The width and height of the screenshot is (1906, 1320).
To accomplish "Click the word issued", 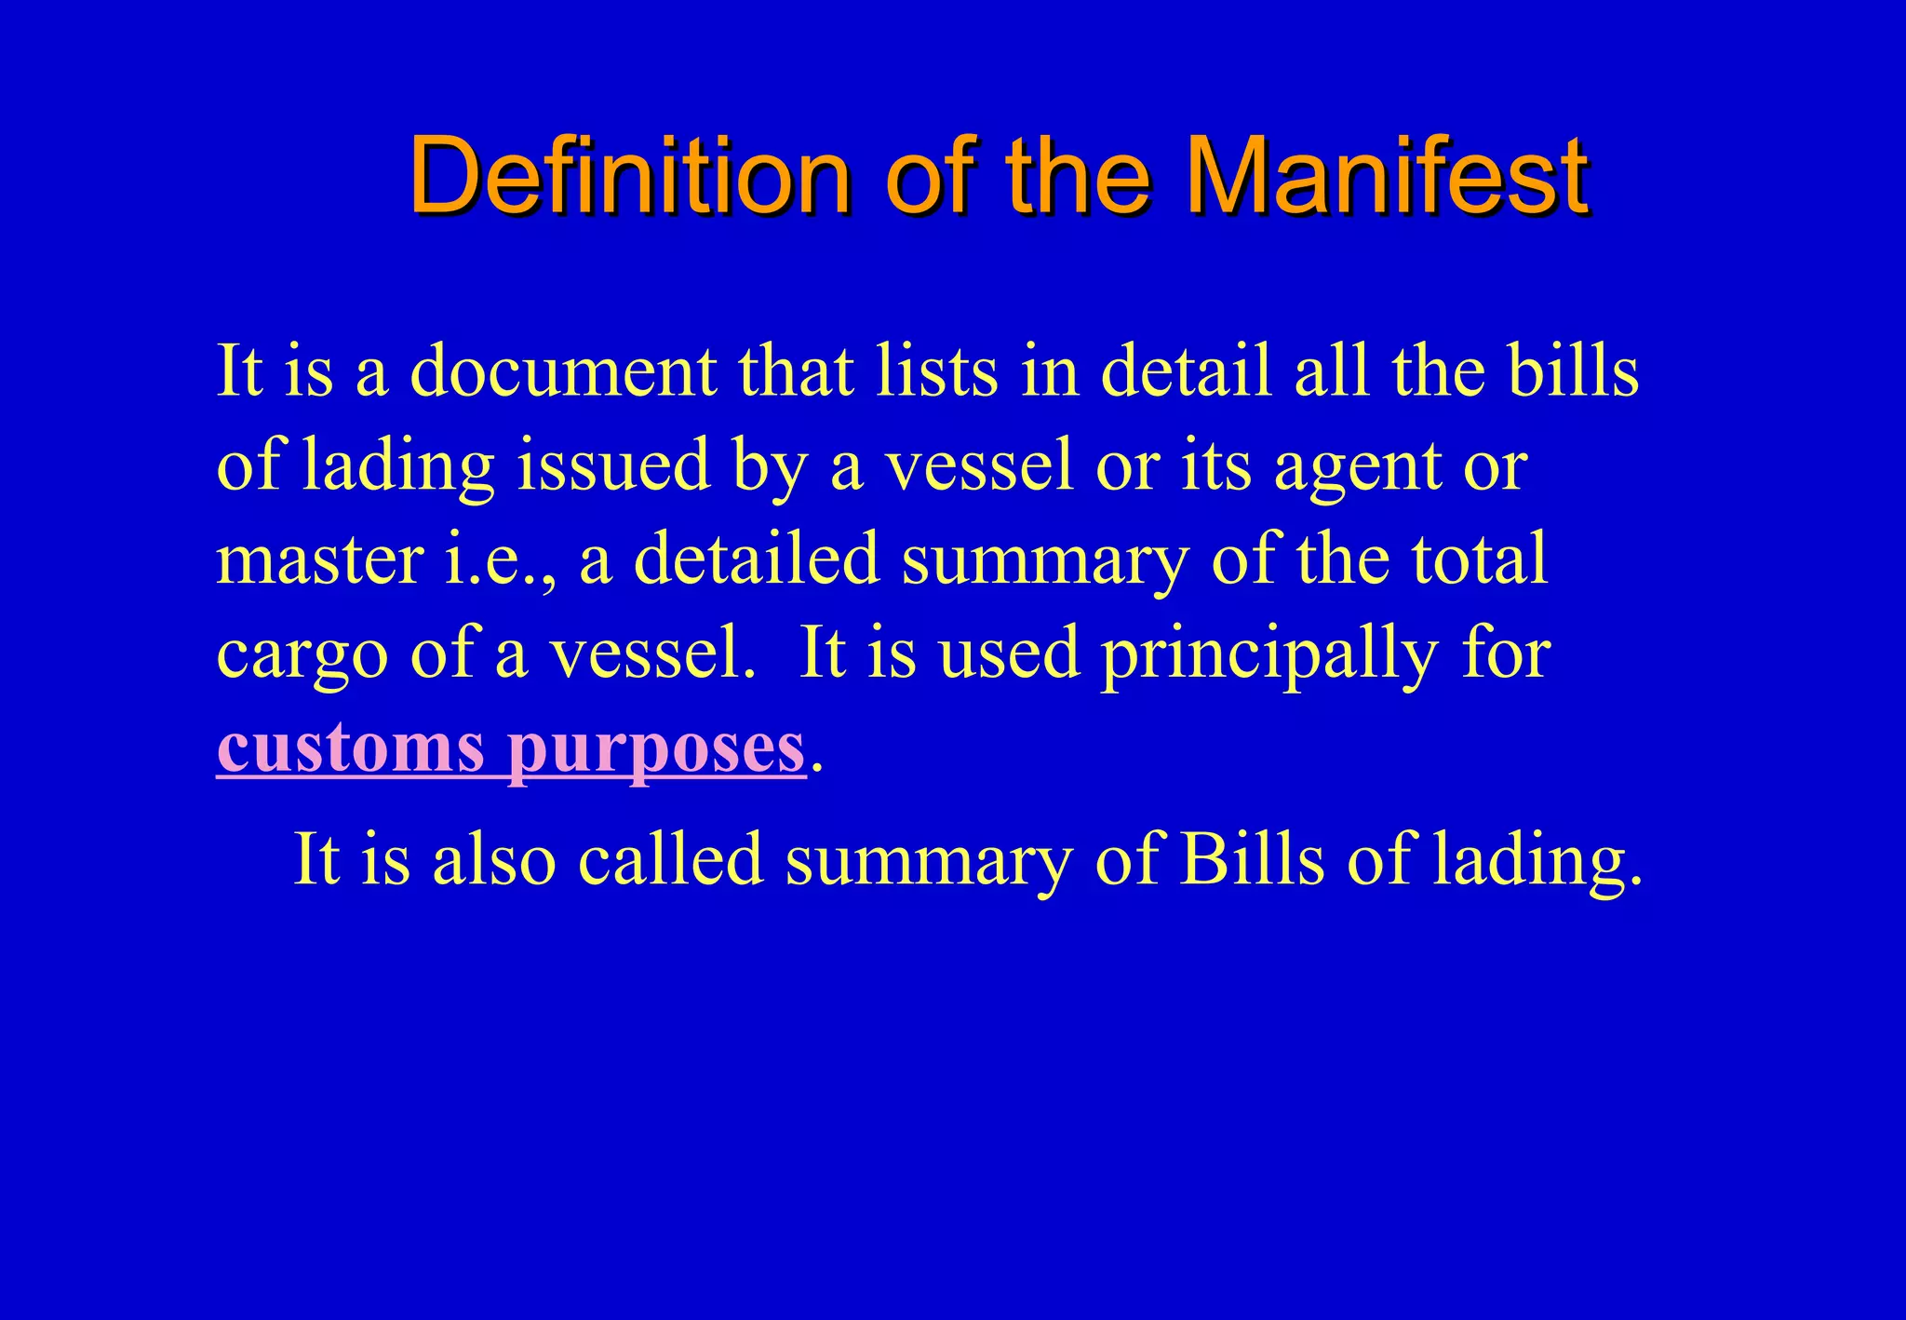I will [613, 465].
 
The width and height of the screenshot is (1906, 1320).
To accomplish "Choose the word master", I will [320, 559].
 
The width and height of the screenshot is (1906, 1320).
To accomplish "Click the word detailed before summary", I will [756, 559].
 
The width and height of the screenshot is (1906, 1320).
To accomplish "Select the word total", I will [1479, 559].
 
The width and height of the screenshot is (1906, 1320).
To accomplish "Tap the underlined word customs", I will [350, 748].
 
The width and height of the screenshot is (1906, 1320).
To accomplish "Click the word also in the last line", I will [494, 858].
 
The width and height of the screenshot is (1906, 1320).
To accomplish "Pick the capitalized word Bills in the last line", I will [1252, 858].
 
